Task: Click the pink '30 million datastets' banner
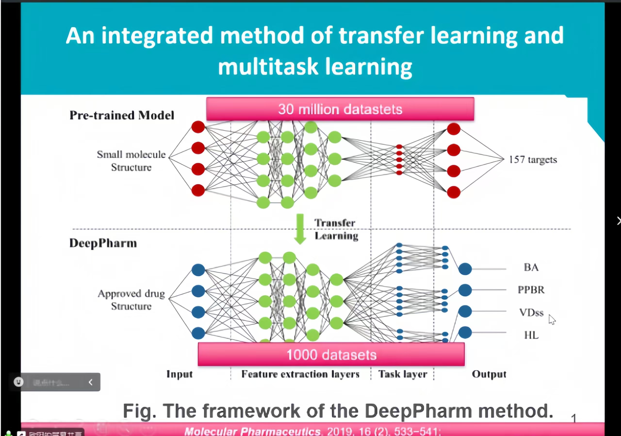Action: coord(340,109)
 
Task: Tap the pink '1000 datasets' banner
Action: coord(331,354)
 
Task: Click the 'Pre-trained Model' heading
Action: coord(122,115)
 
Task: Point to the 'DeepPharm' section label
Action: coord(103,243)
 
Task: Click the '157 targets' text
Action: coord(533,160)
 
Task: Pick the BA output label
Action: coord(531,267)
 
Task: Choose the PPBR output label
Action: coord(531,290)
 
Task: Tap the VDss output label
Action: coord(531,312)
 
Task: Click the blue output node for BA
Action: coord(465,269)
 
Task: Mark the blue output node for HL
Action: coord(465,333)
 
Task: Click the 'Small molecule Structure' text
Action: coord(131,161)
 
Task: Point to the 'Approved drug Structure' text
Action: coord(131,300)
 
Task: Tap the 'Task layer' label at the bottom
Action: coord(403,374)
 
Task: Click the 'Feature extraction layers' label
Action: coord(300,374)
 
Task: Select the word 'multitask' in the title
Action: coord(268,67)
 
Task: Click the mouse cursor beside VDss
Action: coord(552,319)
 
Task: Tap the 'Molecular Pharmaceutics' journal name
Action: coord(252,431)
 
